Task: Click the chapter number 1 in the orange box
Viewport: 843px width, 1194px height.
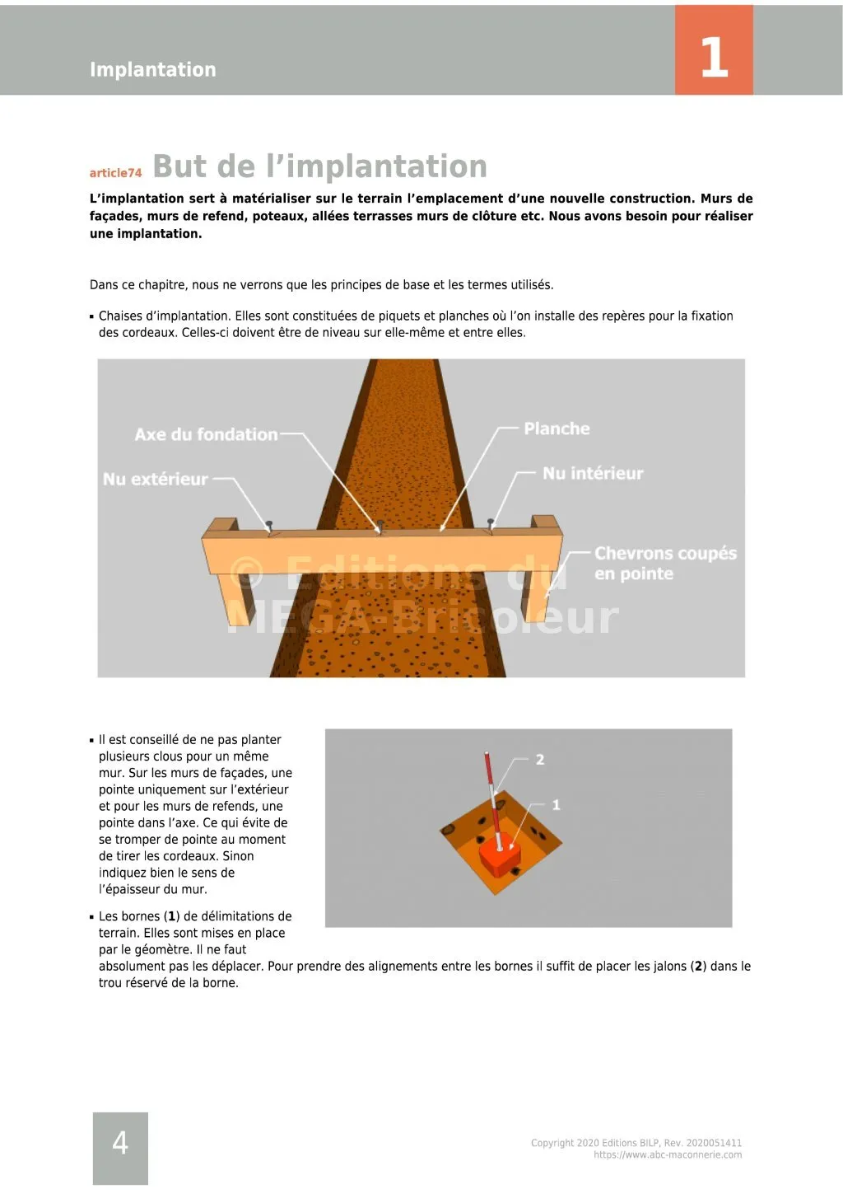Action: [x=714, y=58]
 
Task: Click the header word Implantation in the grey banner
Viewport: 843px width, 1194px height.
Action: [x=153, y=69]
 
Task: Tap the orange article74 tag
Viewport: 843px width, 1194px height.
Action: [x=115, y=173]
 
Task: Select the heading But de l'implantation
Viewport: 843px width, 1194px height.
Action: [x=319, y=166]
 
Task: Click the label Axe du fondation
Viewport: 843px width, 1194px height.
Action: [x=206, y=434]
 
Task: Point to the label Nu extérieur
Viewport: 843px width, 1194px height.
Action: [x=155, y=479]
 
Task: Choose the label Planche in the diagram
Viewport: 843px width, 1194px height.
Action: [x=557, y=428]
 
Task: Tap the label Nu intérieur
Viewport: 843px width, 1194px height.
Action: [x=593, y=473]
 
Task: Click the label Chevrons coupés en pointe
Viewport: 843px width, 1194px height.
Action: [x=664, y=563]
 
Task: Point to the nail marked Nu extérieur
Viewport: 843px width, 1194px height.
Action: [x=269, y=525]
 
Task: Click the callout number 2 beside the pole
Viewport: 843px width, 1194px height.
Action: [x=540, y=759]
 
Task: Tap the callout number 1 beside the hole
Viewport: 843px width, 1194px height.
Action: [x=556, y=804]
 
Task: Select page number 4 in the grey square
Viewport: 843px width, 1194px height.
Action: [x=120, y=1143]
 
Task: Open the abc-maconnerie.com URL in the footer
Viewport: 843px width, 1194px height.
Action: [x=668, y=1155]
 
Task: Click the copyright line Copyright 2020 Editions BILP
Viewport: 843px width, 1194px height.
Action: [x=636, y=1143]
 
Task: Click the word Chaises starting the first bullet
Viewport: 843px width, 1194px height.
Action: [x=120, y=316]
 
